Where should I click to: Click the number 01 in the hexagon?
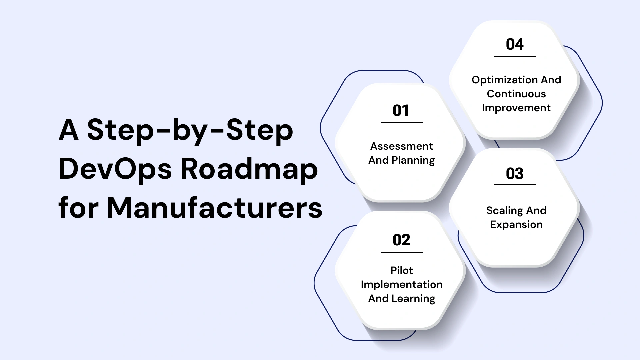(x=401, y=111)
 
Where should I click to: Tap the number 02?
(x=401, y=240)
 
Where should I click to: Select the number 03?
(x=514, y=174)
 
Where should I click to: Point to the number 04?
(x=514, y=44)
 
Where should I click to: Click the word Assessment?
(x=401, y=146)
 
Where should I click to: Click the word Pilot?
(x=401, y=270)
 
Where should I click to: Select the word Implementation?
(x=401, y=284)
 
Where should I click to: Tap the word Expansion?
(x=516, y=225)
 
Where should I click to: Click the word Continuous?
(x=516, y=94)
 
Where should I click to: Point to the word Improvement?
(x=516, y=108)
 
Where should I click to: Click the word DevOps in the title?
(x=115, y=169)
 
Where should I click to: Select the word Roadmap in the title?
(x=249, y=169)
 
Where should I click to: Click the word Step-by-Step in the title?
(x=190, y=130)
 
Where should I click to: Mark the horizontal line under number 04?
(x=514, y=56)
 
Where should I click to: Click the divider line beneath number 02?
(x=401, y=252)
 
